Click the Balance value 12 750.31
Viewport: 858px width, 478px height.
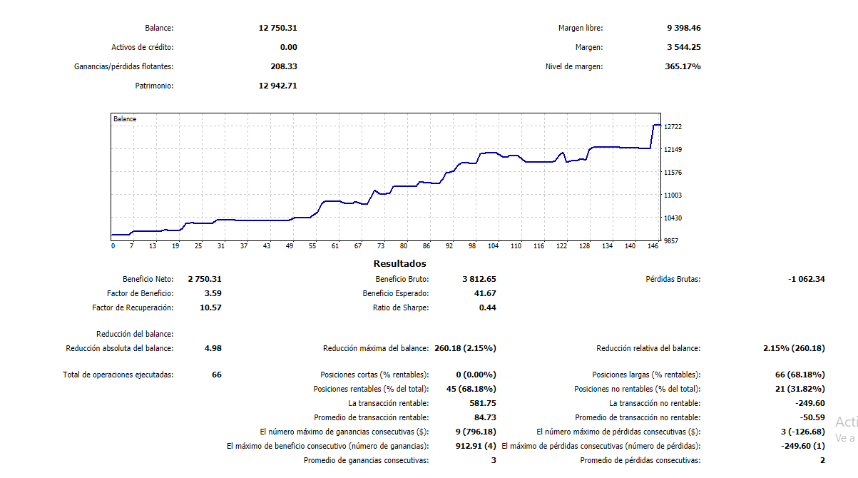click(x=277, y=28)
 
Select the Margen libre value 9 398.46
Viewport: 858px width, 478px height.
click(x=683, y=28)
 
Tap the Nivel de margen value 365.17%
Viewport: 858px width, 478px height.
click(x=683, y=66)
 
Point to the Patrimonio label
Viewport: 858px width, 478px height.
click(x=154, y=86)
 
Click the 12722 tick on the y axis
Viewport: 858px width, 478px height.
click(x=673, y=127)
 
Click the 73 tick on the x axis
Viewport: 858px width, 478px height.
click(x=381, y=246)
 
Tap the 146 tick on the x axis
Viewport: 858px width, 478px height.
click(x=653, y=246)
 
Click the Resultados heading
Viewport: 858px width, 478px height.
click(x=399, y=263)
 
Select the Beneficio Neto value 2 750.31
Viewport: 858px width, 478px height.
click(x=205, y=279)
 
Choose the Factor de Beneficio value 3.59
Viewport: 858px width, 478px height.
click(x=213, y=293)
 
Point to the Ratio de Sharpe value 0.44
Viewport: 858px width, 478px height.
click(x=487, y=307)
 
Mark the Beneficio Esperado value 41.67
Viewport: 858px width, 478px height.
click(x=484, y=293)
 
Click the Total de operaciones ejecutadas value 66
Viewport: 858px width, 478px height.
click(x=216, y=375)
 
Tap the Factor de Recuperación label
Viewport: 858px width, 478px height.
click(x=133, y=307)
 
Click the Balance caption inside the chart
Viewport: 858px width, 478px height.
click(x=125, y=119)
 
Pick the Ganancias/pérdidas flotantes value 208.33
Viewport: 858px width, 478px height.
click(x=283, y=66)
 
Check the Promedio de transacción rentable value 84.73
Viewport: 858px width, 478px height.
click(x=484, y=417)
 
